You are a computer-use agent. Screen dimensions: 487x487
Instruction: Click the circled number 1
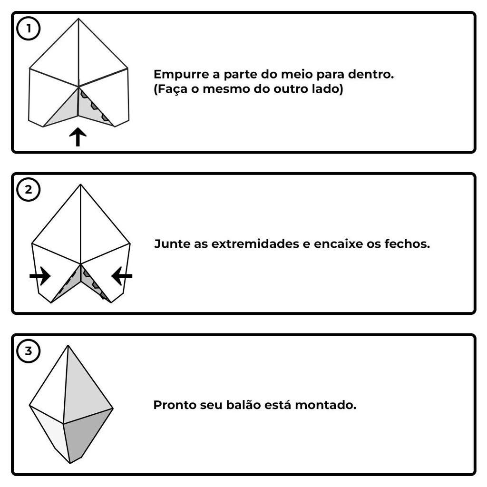click(28, 29)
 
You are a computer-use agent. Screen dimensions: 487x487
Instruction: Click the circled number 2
click(28, 189)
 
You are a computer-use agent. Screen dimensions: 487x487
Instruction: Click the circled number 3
click(28, 351)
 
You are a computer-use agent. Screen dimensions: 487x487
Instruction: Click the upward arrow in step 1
click(78, 136)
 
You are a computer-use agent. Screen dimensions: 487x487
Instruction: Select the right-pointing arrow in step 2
click(40, 275)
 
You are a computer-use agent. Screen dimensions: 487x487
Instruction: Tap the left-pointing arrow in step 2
click(122, 275)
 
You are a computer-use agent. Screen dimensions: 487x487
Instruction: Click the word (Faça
click(171, 89)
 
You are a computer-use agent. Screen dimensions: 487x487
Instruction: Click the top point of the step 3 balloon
click(68, 345)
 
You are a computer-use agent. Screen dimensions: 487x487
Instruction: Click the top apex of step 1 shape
click(78, 19)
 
